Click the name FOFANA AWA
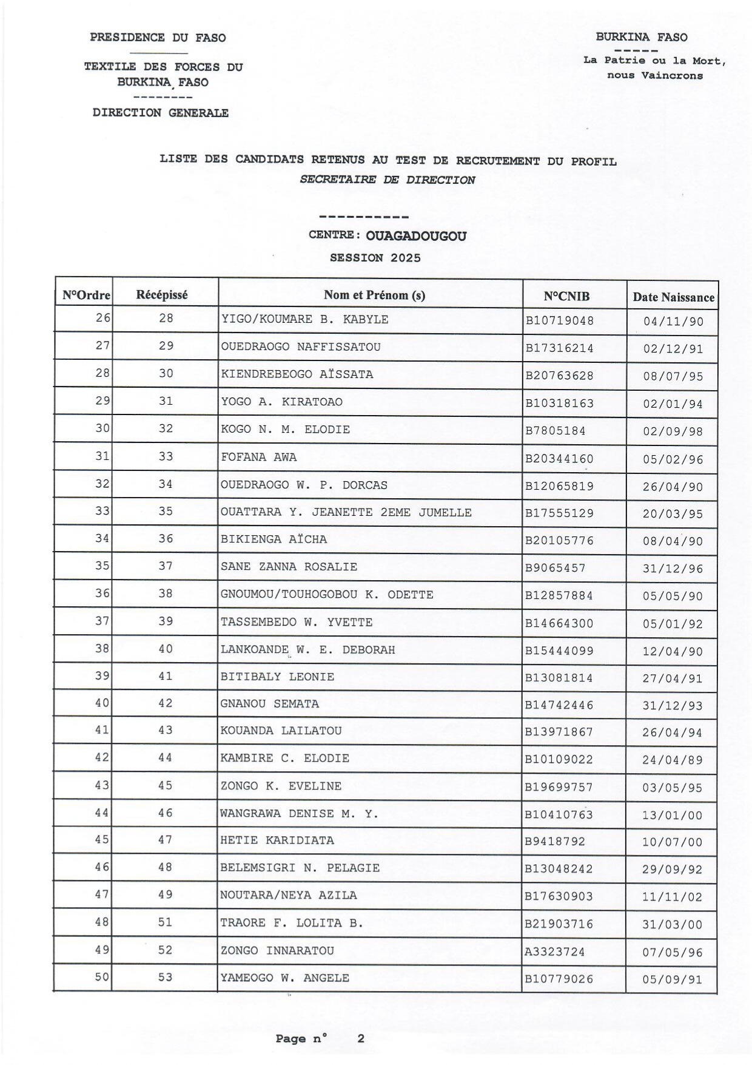point(259,458)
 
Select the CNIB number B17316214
point(559,348)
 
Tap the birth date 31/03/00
point(673,925)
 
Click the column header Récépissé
point(162,295)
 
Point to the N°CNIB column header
point(566,297)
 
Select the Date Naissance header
point(673,297)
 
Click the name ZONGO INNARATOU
point(277,951)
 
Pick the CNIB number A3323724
point(555,952)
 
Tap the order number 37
point(102,621)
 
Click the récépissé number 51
point(166,922)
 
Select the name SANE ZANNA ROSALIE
point(289,567)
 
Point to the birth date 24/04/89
point(673,760)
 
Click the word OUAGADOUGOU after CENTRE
point(417,236)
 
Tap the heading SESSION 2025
point(375,258)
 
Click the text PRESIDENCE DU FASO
point(158,38)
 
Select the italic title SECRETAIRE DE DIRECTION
point(388,180)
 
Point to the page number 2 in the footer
point(361,1038)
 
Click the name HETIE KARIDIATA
point(277,840)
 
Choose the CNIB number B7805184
point(555,431)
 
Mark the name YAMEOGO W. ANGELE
point(284,978)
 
